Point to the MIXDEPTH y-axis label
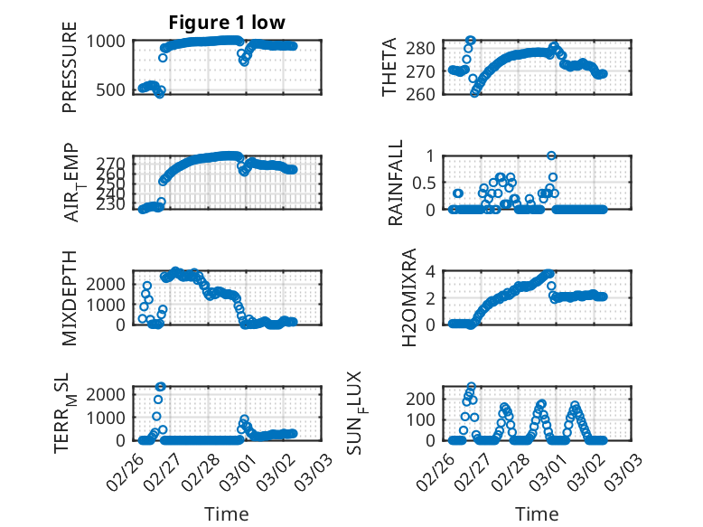click(x=70, y=297)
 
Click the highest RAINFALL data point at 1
click(x=551, y=155)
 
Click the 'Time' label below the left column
click(x=227, y=513)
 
